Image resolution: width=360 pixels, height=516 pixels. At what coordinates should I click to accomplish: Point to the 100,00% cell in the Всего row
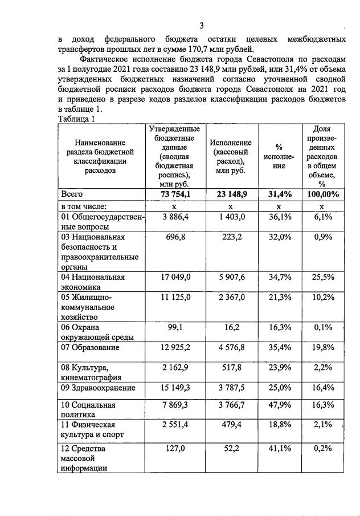(321, 194)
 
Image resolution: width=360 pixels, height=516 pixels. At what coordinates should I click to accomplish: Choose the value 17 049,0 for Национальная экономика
(174, 277)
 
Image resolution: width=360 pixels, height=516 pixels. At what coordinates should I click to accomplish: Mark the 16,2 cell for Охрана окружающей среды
(239, 328)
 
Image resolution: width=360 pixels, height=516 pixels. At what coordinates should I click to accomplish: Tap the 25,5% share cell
(322, 277)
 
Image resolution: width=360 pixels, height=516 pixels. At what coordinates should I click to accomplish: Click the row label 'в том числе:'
(84, 206)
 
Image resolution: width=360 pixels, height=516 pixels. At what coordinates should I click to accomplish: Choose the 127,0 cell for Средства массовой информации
(178, 449)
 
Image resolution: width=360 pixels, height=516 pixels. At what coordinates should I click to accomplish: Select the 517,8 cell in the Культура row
(236, 368)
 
